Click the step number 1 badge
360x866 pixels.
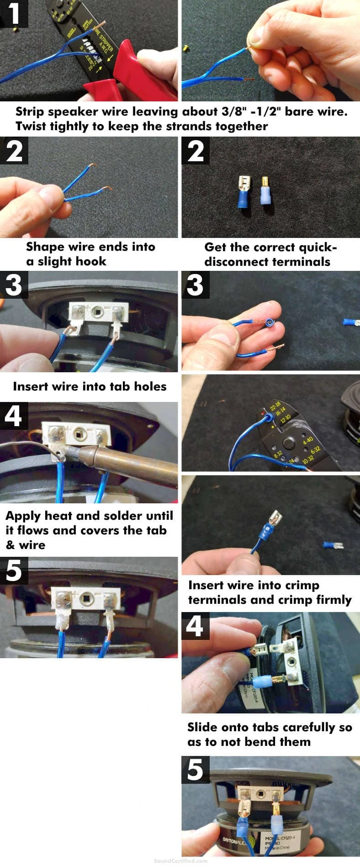point(14,14)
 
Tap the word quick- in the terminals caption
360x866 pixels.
point(315,248)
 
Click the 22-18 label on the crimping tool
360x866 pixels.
point(275,405)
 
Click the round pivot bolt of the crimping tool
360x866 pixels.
point(288,442)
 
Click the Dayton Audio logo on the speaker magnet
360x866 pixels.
point(236,841)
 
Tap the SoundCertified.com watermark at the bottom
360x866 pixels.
point(180,861)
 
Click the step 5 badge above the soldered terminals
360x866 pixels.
point(14,570)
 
